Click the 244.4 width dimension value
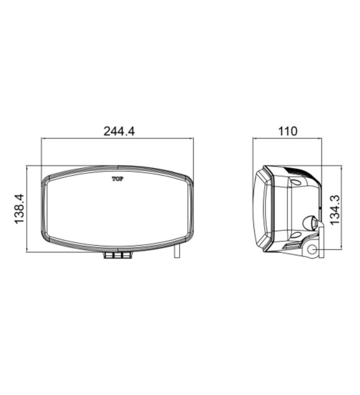tap(119, 131)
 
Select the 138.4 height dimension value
tap(19, 209)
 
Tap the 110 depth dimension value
tap(287, 131)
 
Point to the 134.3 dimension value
tap(335, 210)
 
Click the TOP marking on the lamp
tap(118, 179)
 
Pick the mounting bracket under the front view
tap(118, 255)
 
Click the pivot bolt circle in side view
tap(313, 250)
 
